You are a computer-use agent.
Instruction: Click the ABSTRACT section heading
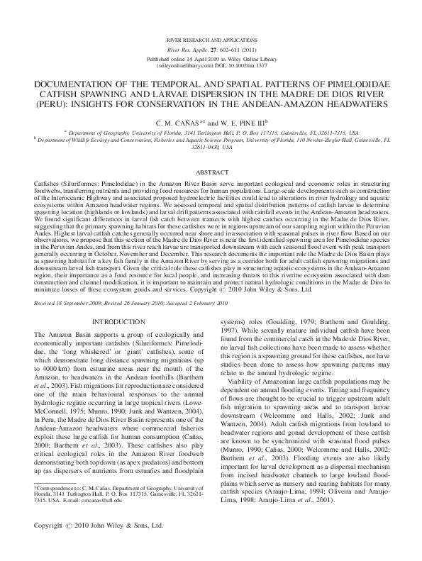pyautogui.click(x=211, y=172)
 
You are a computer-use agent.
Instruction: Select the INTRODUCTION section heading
pyautogui.click(x=114, y=321)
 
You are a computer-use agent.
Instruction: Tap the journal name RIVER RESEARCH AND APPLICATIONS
pyautogui.click(x=211, y=33)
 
